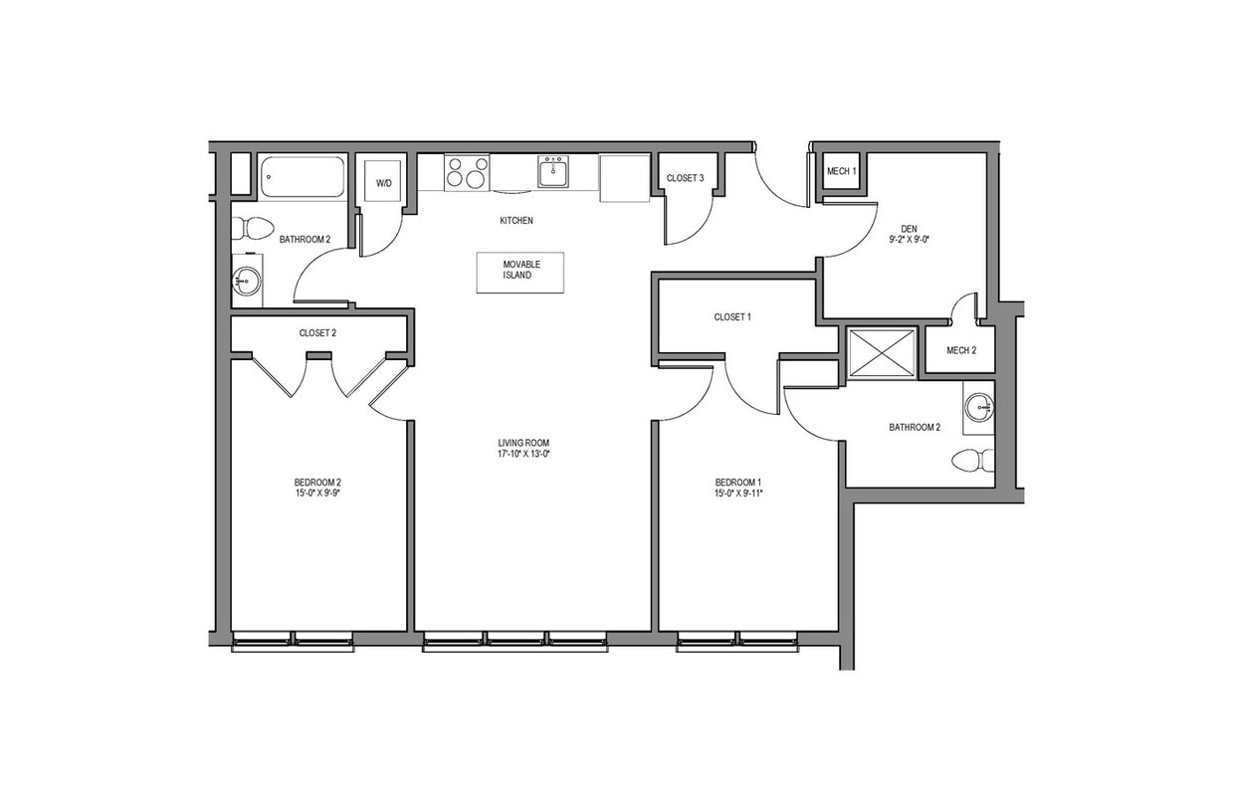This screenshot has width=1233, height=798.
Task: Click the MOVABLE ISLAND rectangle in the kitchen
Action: tap(519, 272)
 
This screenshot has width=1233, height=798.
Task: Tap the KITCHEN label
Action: tap(516, 221)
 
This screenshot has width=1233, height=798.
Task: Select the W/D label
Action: tap(383, 183)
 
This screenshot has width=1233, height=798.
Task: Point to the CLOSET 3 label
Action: tap(686, 178)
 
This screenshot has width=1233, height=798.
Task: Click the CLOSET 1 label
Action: tap(732, 317)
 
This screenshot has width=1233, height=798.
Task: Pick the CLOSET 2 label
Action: tap(317, 333)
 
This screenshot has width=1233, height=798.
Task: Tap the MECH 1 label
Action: tap(841, 172)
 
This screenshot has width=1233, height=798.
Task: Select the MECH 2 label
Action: tap(961, 350)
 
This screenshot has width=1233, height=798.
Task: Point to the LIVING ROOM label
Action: tap(524, 443)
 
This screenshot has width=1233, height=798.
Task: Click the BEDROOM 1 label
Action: tap(737, 482)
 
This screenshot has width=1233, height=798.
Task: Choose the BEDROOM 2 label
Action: tap(317, 482)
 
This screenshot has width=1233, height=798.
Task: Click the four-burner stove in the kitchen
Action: tap(467, 171)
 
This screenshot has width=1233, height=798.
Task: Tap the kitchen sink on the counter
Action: tap(552, 172)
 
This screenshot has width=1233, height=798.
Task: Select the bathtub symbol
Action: tap(303, 177)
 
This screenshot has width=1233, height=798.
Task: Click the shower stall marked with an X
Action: tap(882, 353)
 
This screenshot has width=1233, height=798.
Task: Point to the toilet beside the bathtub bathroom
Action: tap(255, 229)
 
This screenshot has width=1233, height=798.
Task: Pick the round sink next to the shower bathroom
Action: tap(979, 407)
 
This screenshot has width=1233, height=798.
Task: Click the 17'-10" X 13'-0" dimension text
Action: tap(524, 454)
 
